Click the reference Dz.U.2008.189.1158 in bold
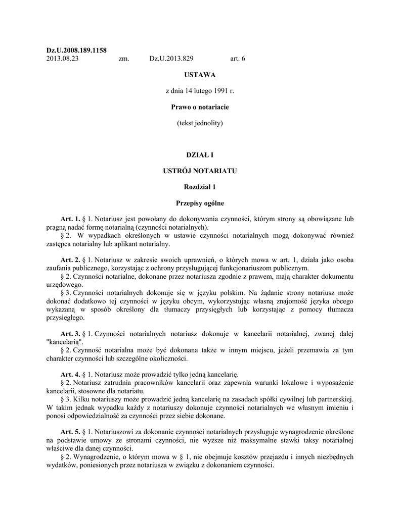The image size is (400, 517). click(76, 50)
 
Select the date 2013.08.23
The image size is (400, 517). click(62, 59)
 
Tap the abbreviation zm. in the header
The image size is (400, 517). click(124, 59)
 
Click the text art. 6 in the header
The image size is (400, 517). click(237, 59)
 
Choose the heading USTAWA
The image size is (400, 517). click(200, 75)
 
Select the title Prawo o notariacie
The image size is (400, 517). click(200, 107)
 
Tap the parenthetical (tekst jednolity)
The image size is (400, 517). click(200, 123)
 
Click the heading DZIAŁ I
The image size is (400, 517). click(200, 155)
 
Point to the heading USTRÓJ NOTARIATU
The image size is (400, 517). click(200, 171)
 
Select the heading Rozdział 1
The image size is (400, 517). click(200, 187)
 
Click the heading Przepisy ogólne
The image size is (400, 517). click(200, 203)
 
